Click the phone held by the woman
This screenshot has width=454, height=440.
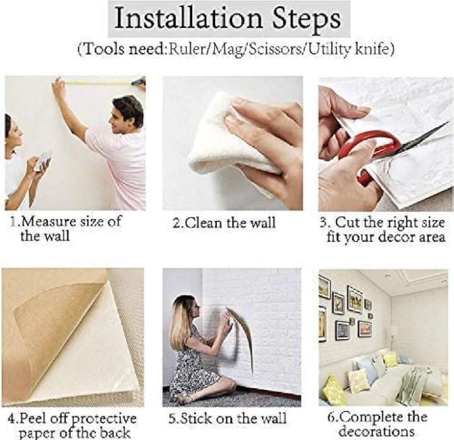click(x=44, y=160)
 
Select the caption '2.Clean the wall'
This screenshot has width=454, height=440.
click(x=224, y=223)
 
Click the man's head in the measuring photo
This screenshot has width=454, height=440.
click(x=127, y=110)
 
